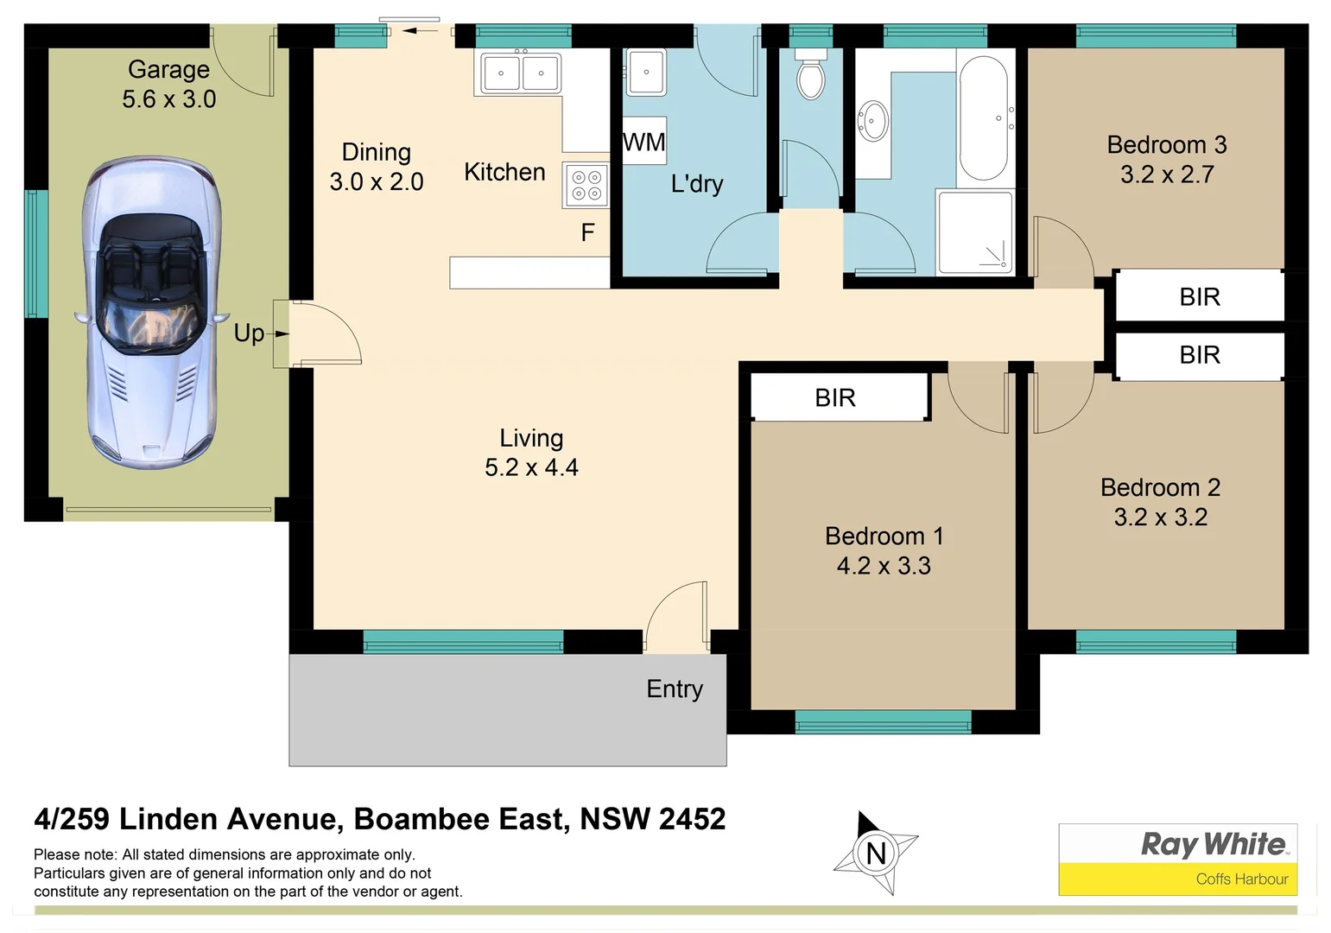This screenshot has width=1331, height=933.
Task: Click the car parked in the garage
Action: coord(152,313)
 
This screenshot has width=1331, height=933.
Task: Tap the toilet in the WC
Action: coord(810,76)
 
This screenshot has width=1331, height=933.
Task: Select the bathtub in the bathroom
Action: coord(983,118)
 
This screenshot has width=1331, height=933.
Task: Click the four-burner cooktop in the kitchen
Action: coord(586,185)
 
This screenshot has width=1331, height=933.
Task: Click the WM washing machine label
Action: coord(644,142)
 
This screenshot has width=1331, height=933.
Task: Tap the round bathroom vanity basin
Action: coord(872,120)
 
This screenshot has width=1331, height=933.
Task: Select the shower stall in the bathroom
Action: coord(975,232)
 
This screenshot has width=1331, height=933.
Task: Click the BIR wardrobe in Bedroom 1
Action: coord(836,397)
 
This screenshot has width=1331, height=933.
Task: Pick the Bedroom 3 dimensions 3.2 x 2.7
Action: coord(1167,175)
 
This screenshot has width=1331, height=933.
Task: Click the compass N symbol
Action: coord(876,854)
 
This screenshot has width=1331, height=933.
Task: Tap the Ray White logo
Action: coord(1214,844)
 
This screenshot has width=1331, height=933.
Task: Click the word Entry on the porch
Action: coord(675,689)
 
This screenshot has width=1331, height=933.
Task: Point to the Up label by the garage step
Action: coord(249,333)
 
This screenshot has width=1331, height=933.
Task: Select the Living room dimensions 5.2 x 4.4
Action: coord(531,467)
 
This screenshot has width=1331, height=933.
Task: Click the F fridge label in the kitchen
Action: coord(587,232)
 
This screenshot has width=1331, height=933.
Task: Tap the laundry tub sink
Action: coord(645,72)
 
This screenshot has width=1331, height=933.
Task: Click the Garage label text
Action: coord(168,69)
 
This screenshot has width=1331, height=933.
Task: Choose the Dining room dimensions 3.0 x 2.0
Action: coord(377,181)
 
